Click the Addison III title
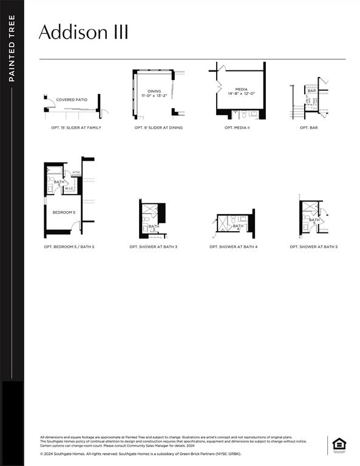click(x=83, y=32)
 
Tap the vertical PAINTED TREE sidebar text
click(x=12, y=49)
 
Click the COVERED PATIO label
click(x=72, y=100)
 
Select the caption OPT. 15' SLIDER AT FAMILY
click(x=76, y=128)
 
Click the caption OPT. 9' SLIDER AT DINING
click(x=158, y=128)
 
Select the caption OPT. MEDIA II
click(x=237, y=128)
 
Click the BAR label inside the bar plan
click(x=311, y=90)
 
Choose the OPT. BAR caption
click(x=308, y=128)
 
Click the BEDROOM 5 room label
click(x=64, y=212)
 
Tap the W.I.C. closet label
click(x=69, y=189)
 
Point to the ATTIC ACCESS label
click(x=76, y=174)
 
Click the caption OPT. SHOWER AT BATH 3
click(x=153, y=247)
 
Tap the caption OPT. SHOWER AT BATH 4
click(x=233, y=247)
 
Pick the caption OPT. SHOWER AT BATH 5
click(x=313, y=247)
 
